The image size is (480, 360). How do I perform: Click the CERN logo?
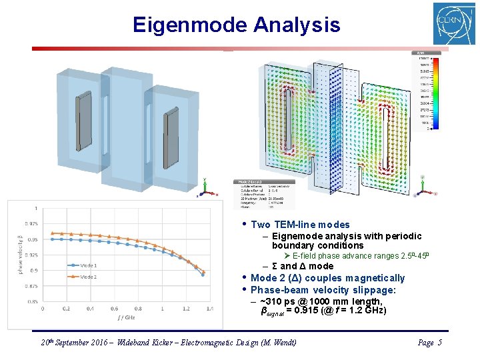(454, 23)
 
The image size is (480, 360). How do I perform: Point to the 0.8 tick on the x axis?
(138, 309)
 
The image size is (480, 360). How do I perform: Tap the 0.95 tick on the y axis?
(32, 239)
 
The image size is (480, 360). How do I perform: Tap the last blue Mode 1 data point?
(203, 274)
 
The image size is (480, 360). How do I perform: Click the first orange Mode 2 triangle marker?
(53, 233)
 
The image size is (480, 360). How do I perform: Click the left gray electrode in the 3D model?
(83, 122)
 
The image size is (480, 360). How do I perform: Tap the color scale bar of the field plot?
(433, 93)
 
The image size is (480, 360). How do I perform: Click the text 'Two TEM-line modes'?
(300, 225)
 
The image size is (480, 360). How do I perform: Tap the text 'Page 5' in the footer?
(429, 343)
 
